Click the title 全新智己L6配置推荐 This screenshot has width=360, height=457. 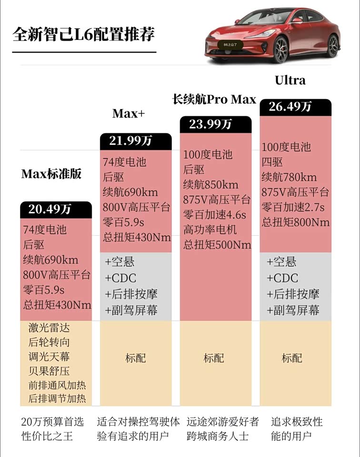click(x=84, y=35)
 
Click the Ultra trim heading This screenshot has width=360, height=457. click(x=290, y=80)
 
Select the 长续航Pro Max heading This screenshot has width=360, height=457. click(x=214, y=99)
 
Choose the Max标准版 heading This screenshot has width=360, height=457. click(x=51, y=174)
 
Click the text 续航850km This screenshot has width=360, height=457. click(x=210, y=185)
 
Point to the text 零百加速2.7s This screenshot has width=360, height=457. click(x=293, y=207)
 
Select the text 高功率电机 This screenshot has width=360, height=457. click(x=210, y=230)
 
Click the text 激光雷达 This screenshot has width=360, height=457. click(x=49, y=328)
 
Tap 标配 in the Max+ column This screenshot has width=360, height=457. click(x=136, y=358)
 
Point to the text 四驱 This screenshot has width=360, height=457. click(x=273, y=162)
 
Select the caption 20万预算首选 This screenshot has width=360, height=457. click(x=52, y=422)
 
